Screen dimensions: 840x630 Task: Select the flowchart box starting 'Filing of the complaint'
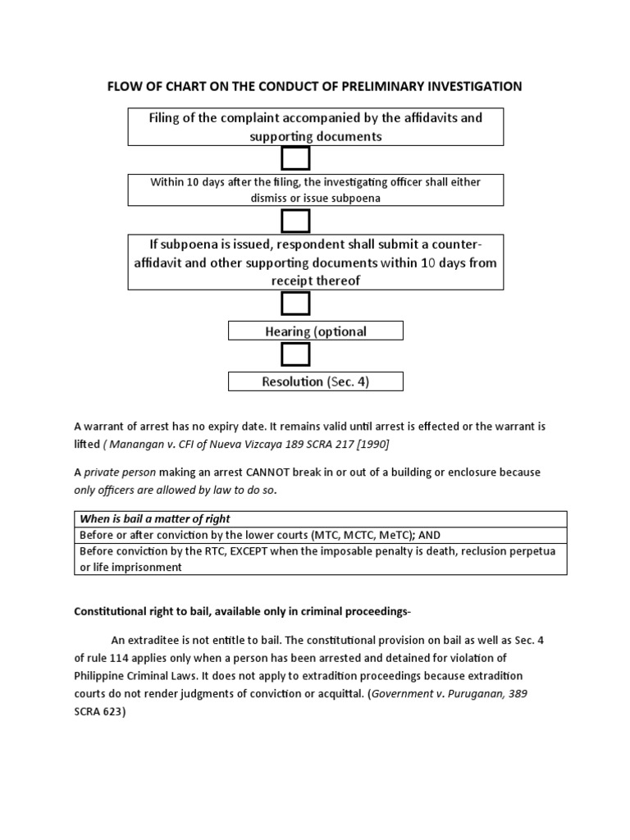click(x=316, y=127)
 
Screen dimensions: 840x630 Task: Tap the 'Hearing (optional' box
click(x=316, y=331)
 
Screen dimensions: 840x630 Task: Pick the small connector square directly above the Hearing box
click(x=295, y=304)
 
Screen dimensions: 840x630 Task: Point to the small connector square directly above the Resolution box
click(x=295, y=354)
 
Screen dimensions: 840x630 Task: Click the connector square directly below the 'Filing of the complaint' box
click(x=295, y=158)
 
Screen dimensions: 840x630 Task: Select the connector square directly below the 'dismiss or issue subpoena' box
click(x=295, y=221)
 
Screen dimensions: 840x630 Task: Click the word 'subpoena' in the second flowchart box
click(x=354, y=199)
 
